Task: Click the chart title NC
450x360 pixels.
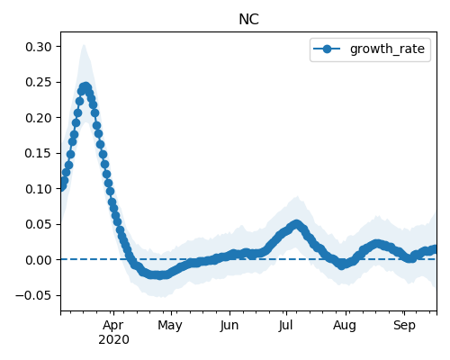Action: pyautogui.click(x=248, y=20)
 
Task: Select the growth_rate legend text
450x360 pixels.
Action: pyautogui.click(x=387, y=49)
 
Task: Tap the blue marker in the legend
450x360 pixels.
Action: pyautogui.click(x=327, y=49)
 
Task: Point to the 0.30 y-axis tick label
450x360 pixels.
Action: pyautogui.click(x=39, y=47)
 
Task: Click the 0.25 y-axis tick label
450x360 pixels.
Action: pyautogui.click(x=39, y=82)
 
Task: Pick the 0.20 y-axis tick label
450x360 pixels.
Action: pyautogui.click(x=39, y=118)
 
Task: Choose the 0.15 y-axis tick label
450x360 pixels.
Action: pyautogui.click(x=39, y=153)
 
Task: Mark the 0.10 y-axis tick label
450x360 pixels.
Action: pyautogui.click(x=39, y=189)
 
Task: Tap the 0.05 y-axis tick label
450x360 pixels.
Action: pyautogui.click(x=39, y=224)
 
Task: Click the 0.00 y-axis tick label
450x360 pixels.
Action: pyautogui.click(x=39, y=260)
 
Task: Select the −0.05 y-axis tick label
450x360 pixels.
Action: pyautogui.click(x=34, y=295)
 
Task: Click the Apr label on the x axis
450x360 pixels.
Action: pyautogui.click(x=113, y=326)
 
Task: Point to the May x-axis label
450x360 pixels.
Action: pyautogui.click(x=170, y=326)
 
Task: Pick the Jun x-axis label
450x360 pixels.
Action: pyautogui.click(x=229, y=326)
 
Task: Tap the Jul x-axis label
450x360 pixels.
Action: pyautogui.click(x=285, y=326)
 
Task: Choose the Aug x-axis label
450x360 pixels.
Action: pyautogui.click(x=345, y=326)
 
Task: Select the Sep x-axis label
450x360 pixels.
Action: pyautogui.click(x=404, y=326)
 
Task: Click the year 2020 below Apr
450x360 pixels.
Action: pyautogui.click(x=113, y=340)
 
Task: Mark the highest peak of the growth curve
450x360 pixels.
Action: pyautogui.click(x=85, y=87)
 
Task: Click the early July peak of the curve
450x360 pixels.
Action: pyautogui.click(x=297, y=224)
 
